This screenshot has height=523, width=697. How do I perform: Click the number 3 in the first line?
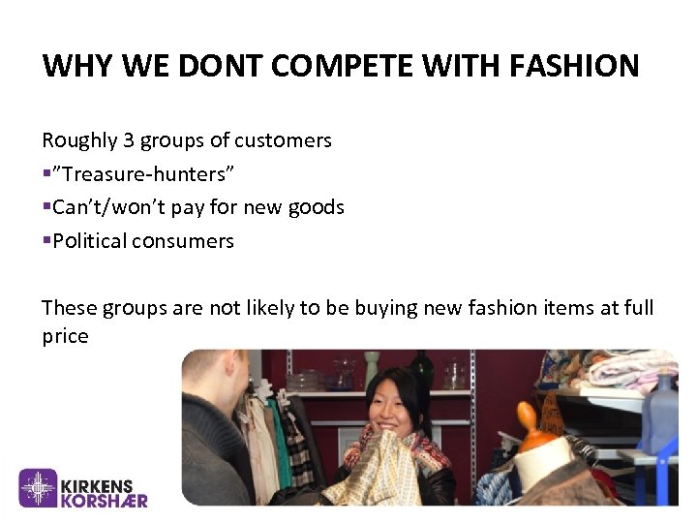click(x=129, y=140)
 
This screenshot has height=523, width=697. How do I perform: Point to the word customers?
click(x=284, y=140)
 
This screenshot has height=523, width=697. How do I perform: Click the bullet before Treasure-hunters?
click(x=45, y=174)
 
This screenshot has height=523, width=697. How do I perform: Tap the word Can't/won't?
click(x=103, y=207)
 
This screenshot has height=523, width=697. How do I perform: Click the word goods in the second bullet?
click(x=318, y=207)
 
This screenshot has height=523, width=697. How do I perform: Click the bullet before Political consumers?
click(x=45, y=240)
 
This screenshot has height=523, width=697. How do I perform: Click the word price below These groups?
click(x=65, y=337)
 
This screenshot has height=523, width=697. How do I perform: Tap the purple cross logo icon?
click(x=40, y=488)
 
